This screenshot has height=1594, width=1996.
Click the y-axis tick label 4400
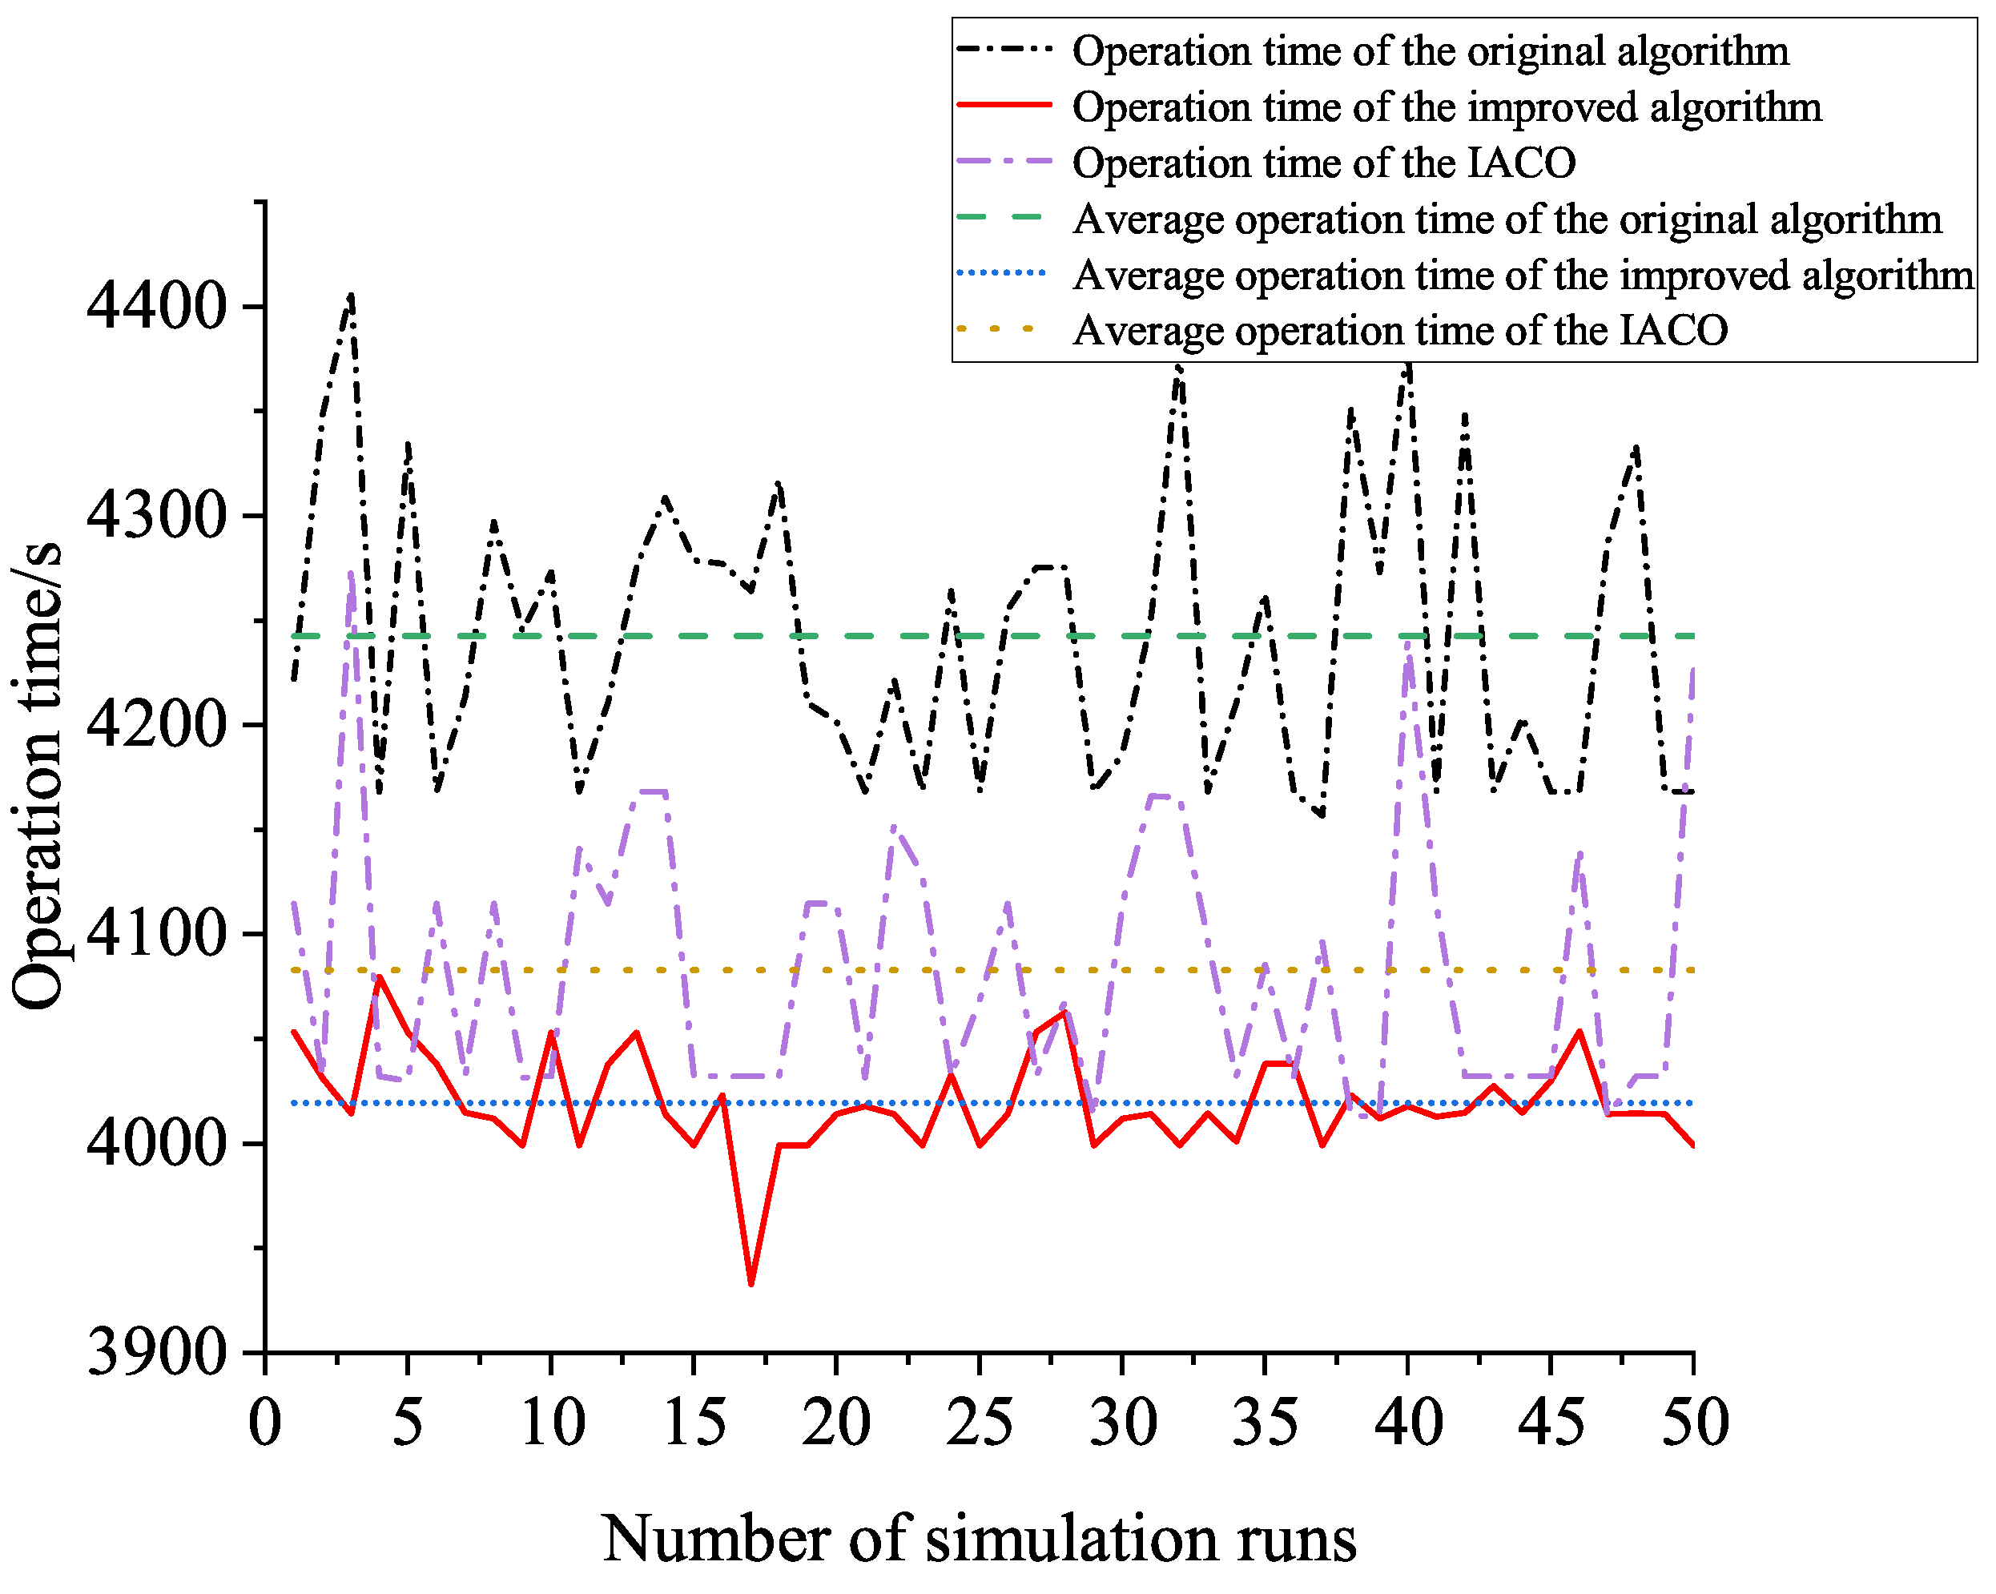click(x=155, y=308)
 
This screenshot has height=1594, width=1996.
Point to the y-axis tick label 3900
click(x=155, y=1354)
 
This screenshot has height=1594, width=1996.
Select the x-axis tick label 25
click(x=980, y=1423)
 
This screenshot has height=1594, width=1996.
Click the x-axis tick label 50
click(x=1694, y=1423)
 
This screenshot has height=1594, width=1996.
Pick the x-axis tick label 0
click(x=265, y=1423)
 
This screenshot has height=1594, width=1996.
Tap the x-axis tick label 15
click(x=694, y=1423)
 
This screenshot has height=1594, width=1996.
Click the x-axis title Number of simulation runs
click(x=980, y=1540)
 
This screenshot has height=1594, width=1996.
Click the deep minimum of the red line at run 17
click(x=751, y=1284)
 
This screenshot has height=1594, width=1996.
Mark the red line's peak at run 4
click(x=379, y=976)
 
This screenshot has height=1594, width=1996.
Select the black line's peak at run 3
click(x=351, y=296)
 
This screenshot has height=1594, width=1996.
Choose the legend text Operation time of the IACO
click(x=1324, y=163)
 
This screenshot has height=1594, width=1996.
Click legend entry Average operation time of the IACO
click(x=1400, y=331)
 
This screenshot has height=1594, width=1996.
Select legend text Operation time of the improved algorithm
click(x=1446, y=107)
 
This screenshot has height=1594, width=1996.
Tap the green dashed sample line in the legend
click(x=1003, y=218)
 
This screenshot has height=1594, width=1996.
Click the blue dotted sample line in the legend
click(x=1003, y=274)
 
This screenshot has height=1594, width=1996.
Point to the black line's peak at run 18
click(x=779, y=483)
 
